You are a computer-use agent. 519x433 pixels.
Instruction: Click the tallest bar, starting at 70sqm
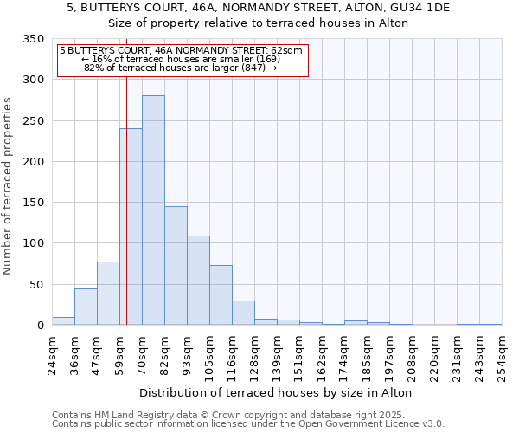(153, 210)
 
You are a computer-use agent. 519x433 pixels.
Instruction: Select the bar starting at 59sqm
(131, 227)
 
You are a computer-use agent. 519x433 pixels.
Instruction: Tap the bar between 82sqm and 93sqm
(176, 266)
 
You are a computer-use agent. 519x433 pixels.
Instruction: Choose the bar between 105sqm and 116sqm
(221, 295)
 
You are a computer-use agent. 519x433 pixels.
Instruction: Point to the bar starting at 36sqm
(86, 307)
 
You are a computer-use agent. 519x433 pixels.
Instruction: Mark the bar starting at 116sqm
(243, 313)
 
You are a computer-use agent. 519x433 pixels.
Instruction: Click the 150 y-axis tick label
(34, 203)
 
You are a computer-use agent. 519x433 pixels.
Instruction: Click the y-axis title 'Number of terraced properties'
(9, 185)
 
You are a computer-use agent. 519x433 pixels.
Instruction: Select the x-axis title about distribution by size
(275, 392)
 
